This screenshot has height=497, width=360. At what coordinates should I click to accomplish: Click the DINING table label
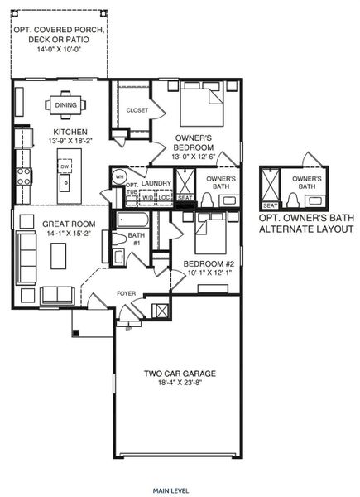point(65,105)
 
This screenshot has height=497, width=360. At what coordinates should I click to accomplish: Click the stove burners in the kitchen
point(23,175)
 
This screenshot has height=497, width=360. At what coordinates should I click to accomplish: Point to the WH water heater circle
point(119,176)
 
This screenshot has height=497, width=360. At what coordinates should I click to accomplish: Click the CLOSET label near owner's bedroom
point(137,110)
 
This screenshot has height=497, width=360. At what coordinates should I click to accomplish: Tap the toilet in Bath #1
point(109,246)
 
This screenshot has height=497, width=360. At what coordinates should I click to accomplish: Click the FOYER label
point(125,292)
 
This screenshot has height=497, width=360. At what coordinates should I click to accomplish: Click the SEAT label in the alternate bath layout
point(269,205)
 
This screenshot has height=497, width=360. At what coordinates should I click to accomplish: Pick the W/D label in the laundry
point(147,197)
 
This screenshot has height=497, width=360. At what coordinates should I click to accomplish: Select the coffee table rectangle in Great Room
point(57,258)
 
